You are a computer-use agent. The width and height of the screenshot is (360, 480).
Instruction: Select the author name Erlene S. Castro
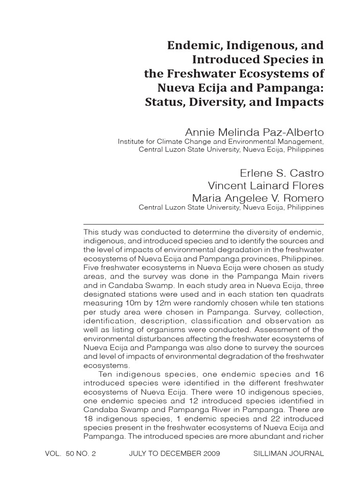282,173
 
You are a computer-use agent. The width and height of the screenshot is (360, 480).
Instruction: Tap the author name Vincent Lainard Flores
266,186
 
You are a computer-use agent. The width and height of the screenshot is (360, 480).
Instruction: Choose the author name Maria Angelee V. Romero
258,198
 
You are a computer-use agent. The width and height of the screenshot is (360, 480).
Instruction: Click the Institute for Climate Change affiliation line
220,141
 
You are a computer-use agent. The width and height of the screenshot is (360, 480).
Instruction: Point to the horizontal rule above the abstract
203,224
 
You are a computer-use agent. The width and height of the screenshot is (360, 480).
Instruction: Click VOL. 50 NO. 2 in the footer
70,454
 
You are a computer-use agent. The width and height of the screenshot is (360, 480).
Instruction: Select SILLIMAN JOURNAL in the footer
288,454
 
